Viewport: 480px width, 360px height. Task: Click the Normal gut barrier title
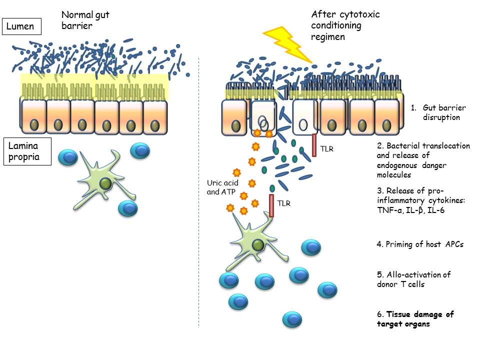click(89, 21)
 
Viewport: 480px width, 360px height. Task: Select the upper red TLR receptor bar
click(314, 145)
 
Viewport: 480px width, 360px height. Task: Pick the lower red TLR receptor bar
click(272, 205)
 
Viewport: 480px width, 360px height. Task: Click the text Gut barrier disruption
click(441, 112)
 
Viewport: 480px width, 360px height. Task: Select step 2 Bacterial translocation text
click(423, 160)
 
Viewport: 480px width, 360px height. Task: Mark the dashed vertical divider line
click(199, 200)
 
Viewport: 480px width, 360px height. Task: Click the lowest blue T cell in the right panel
click(292, 319)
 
